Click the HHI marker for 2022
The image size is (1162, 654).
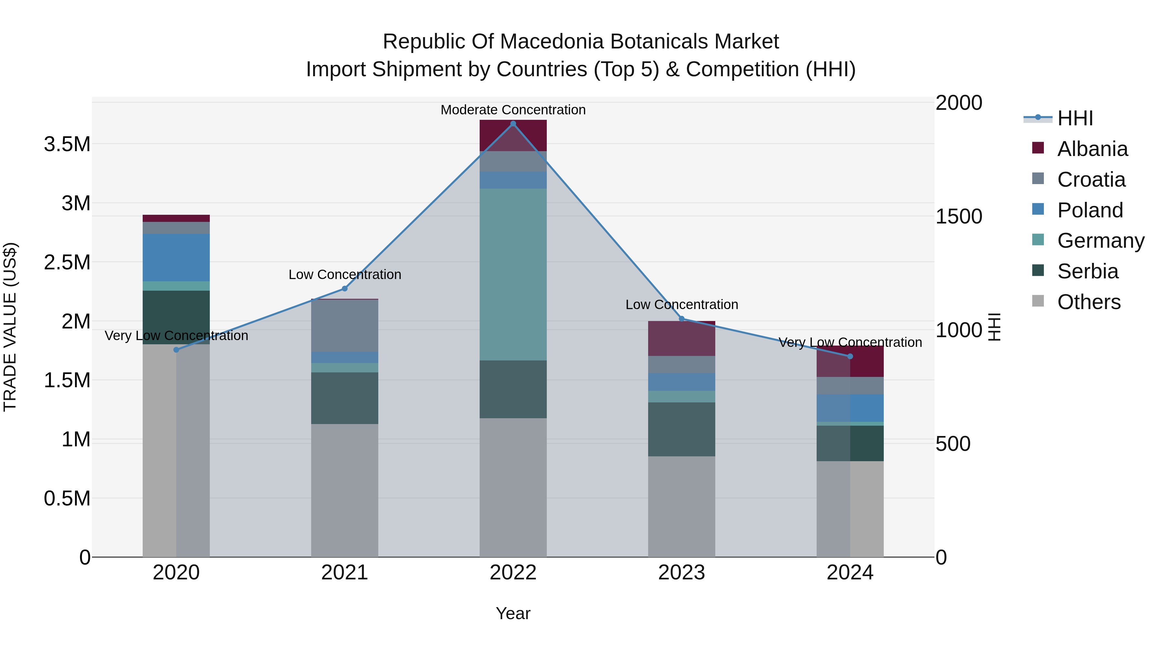tap(513, 124)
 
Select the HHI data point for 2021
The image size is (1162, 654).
tap(345, 288)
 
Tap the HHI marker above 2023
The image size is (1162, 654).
tap(682, 319)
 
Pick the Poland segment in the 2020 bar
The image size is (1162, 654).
tap(176, 257)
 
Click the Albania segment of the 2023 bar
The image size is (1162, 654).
tap(682, 338)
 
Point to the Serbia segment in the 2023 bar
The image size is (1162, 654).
tap(682, 429)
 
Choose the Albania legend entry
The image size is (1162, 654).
tap(1092, 149)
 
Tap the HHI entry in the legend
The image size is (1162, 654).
tap(1075, 118)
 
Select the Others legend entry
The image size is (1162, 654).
tap(1088, 302)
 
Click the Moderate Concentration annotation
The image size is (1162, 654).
tap(513, 110)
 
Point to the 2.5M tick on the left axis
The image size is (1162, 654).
tap(67, 262)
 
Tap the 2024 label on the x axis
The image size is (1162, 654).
tap(850, 572)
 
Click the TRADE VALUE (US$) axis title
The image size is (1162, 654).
tap(10, 327)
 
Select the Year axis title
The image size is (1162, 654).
tap(513, 613)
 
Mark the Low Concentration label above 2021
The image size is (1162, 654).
tap(345, 275)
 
